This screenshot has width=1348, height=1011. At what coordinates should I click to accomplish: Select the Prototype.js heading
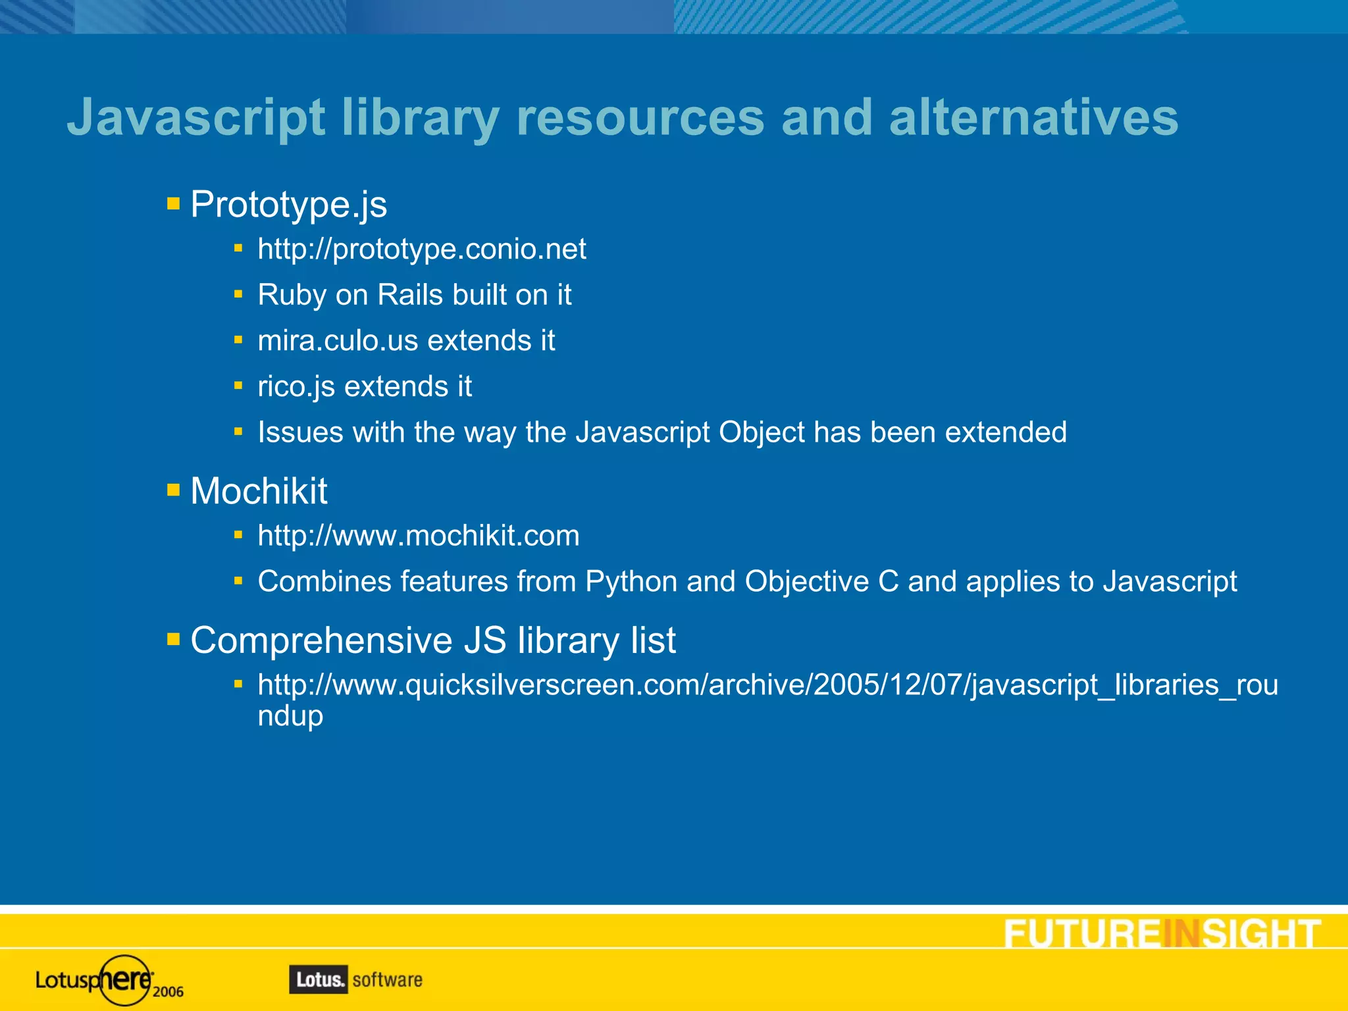288,204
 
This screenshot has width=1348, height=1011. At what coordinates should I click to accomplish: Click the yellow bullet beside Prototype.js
174,203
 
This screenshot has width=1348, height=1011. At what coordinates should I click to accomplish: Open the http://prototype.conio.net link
421,249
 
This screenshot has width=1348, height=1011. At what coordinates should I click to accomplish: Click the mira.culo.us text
338,341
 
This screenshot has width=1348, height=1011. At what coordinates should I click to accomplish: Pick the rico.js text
296,387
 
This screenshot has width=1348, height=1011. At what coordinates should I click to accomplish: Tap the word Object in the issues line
762,432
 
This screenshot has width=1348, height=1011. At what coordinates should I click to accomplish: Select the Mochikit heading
259,491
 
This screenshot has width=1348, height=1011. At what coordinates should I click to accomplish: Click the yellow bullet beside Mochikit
174,490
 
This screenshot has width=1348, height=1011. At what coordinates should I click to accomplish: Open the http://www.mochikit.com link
419,536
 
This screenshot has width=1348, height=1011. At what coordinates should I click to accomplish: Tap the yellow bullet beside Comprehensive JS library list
174,640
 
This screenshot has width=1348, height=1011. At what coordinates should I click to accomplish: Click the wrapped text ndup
290,716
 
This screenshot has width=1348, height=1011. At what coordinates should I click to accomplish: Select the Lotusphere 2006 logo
109,980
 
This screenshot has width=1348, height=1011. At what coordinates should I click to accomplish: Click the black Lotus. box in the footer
319,979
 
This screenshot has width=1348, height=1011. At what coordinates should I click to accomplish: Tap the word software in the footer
388,979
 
